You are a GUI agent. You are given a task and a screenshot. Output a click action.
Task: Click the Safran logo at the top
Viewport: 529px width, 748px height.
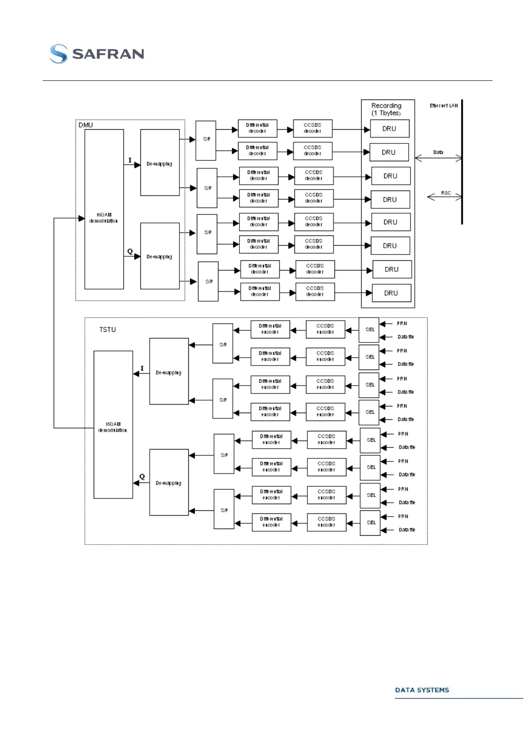97,54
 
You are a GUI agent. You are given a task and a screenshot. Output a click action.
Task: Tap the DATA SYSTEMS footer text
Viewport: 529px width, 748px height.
422,690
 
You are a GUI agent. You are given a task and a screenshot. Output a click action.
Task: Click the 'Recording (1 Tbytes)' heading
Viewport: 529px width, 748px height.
386,109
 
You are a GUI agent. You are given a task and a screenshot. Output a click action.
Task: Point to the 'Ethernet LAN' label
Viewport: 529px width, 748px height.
443,106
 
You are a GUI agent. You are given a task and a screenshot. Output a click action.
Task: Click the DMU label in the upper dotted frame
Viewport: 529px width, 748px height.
86,125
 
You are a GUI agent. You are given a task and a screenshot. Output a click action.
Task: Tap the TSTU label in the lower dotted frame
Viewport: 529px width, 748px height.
107,330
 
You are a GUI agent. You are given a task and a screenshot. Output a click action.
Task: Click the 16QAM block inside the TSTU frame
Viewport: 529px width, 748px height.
113,425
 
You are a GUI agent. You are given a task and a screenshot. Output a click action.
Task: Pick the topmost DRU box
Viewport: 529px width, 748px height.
389,129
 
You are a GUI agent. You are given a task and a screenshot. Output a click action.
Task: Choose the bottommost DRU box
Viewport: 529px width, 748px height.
391,293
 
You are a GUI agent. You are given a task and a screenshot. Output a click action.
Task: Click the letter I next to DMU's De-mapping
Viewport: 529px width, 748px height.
130,160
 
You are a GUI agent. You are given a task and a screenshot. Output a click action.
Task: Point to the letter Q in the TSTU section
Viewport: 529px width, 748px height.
142,477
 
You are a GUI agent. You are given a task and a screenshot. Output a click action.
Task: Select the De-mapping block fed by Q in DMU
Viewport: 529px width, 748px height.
160,256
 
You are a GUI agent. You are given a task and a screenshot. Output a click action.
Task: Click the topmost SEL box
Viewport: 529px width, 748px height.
370,330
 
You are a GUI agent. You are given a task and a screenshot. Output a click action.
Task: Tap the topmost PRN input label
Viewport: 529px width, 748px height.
402,324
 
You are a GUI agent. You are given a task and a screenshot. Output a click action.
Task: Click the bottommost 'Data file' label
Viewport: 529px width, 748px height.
406,530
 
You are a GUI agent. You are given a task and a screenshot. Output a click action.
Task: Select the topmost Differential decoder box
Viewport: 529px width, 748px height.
258,128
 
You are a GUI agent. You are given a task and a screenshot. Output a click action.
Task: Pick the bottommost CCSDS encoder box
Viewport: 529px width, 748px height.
326,522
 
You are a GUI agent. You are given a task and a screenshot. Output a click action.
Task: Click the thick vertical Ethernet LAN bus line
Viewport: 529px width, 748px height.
462,162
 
